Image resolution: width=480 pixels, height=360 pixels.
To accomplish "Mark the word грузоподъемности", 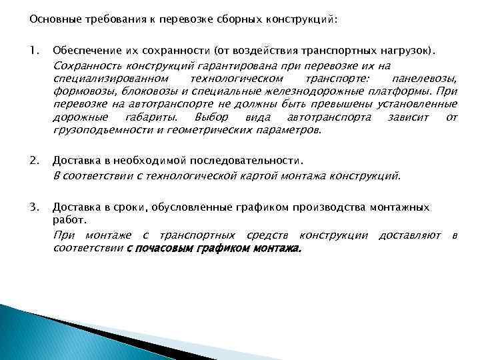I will coord(97,130).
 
